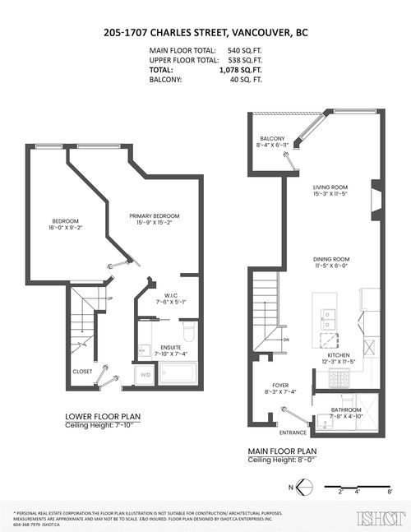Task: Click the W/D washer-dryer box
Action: (146, 376)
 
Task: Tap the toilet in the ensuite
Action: (186, 333)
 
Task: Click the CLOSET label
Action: (82, 371)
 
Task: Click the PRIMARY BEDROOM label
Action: (154, 215)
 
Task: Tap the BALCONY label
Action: (272, 138)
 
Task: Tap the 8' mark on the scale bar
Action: (389, 493)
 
